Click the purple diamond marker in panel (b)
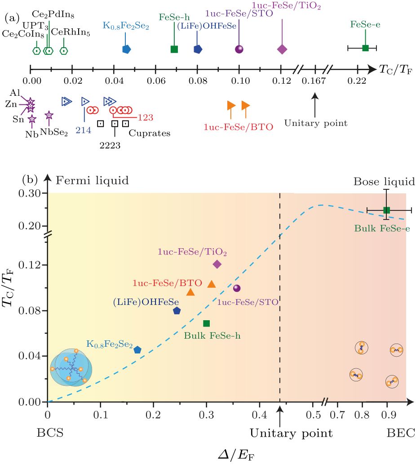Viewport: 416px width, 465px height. coord(217,264)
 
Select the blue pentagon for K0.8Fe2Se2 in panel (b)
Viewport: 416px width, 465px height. coord(137,349)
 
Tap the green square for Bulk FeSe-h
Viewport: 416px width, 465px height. coord(206,323)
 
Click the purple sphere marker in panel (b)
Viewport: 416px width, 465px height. coord(237,288)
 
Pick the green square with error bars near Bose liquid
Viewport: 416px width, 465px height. coord(386,210)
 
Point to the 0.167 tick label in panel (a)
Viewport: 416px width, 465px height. coord(315,81)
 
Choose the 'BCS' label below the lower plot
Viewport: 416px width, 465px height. coord(50,434)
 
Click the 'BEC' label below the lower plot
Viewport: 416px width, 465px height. coord(401,434)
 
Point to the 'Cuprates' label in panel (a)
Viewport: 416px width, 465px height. coord(150,133)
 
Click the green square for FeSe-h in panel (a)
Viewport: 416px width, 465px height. coord(174,49)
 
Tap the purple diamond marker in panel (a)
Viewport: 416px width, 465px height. coord(282,49)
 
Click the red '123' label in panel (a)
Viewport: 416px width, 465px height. coord(146,118)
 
